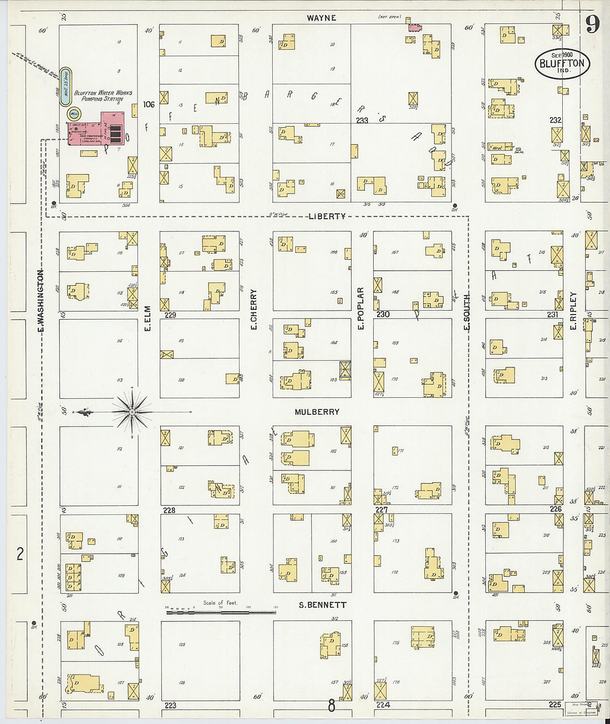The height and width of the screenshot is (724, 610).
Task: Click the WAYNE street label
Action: click(322, 18)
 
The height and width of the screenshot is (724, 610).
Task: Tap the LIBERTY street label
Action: click(327, 216)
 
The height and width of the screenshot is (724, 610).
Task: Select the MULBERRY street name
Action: click(317, 412)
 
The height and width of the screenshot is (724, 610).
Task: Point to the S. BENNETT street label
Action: click(322, 605)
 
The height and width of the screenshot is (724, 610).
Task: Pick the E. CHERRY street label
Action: click(254, 309)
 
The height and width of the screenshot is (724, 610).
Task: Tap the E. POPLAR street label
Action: click(361, 308)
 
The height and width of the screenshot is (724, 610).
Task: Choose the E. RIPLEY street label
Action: click(573, 311)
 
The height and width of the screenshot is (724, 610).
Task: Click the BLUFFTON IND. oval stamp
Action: click(562, 63)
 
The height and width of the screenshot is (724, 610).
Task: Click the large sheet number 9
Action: click(593, 24)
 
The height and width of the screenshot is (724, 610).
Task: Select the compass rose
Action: click(133, 412)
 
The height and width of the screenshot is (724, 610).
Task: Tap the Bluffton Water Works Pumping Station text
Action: click(103, 95)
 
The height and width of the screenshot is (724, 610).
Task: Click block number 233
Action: click(362, 120)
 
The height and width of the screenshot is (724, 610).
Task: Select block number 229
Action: click(170, 315)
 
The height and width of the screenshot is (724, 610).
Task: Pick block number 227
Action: click(382, 509)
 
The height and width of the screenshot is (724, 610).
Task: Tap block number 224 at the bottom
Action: click(383, 705)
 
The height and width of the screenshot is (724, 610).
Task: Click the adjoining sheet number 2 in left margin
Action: click(20, 553)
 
